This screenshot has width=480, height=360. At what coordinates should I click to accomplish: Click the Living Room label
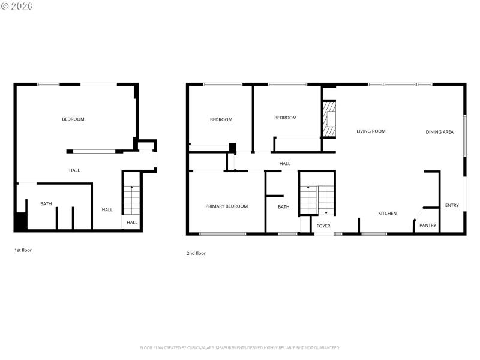371,131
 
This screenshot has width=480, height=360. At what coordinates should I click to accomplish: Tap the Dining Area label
440,132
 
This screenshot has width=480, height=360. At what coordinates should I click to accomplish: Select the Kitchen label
387,214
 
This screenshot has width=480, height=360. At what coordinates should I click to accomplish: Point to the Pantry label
428,226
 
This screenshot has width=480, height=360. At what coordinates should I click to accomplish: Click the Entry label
452,206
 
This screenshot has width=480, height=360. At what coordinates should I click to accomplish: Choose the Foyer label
323,226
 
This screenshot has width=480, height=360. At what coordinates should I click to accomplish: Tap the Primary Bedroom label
226,206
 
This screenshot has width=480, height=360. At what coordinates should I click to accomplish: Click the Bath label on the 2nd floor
283,207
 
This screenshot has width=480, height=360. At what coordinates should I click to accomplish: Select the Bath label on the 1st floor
46,204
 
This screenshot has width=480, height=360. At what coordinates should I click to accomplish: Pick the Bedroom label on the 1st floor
73,119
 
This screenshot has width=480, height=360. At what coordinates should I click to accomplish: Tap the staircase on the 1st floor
131,200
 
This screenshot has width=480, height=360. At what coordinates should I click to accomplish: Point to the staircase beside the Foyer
317,200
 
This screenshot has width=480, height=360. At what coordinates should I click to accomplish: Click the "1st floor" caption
23,250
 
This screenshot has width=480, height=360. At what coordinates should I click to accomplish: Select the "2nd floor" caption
196,253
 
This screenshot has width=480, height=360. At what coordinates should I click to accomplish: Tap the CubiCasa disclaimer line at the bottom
240,347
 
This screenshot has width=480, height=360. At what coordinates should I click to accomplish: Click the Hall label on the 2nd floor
285,163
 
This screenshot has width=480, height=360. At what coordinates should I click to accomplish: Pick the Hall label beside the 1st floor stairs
132,223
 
